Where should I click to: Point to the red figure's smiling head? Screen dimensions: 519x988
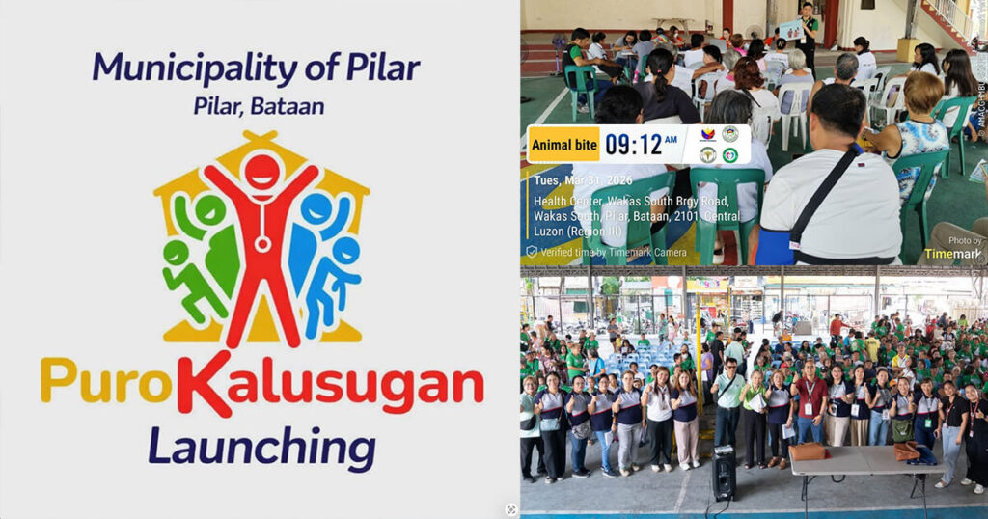click(261, 173)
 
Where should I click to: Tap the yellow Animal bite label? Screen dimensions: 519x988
click(563, 145)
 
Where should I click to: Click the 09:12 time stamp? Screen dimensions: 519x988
click(634, 145)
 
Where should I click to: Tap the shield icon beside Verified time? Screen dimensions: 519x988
click(531, 252)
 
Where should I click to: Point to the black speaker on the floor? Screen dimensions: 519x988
click(724, 474)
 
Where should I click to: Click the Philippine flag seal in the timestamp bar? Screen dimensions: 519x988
click(707, 135)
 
